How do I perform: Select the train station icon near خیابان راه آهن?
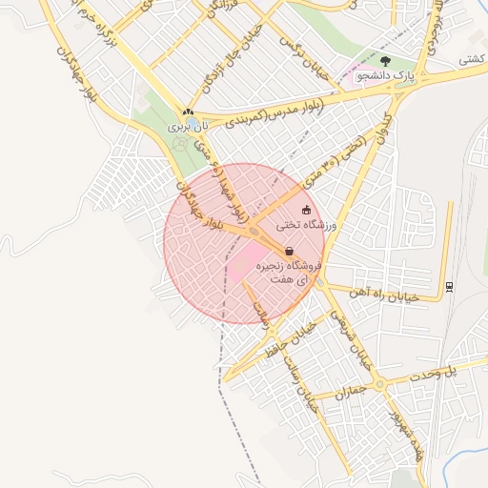tap(449, 286)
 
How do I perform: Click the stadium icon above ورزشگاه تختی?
tap(306, 210)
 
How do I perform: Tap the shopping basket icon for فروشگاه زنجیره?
tap(289, 252)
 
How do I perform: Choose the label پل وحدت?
tap(442, 376)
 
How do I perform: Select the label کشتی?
tap(471, 59)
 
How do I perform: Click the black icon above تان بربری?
tap(189, 112)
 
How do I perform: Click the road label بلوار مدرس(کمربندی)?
tap(274, 111)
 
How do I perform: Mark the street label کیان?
tap(386, 123)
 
